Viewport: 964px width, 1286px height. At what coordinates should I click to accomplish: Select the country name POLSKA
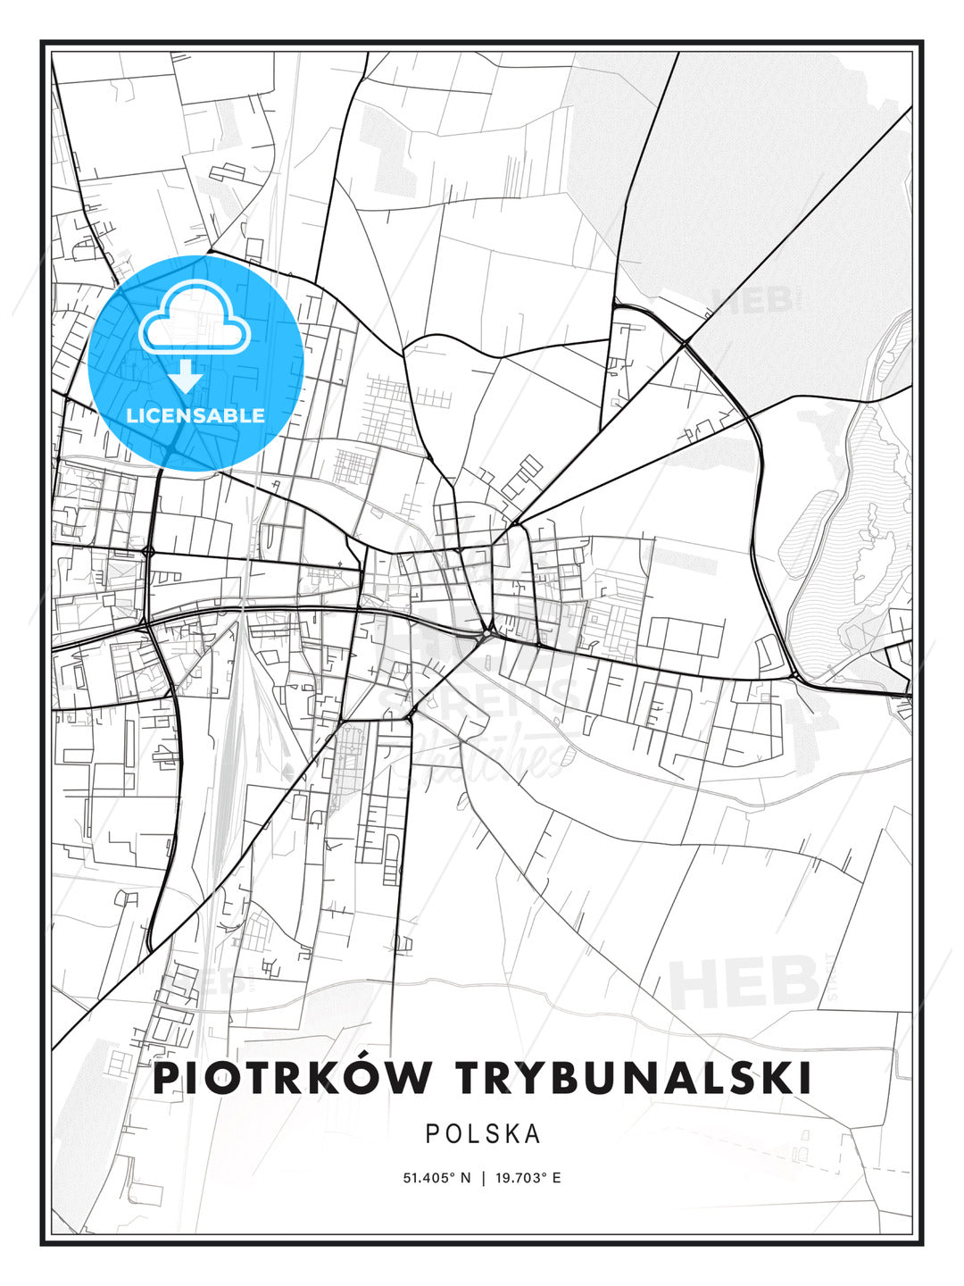pyautogui.click(x=483, y=1133)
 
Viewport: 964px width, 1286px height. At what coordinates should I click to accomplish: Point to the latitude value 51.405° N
pyautogui.click(x=436, y=1178)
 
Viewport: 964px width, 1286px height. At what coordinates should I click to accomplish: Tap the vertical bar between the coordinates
pyautogui.click(x=483, y=1178)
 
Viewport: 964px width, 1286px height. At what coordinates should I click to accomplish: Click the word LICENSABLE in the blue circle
pyautogui.click(x=195, y=415)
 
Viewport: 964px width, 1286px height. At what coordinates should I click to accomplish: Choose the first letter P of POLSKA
pyautogui.click(x=432, y=1133)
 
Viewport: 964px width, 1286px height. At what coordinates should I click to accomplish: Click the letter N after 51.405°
pyautogui.click(x=465, y=1178)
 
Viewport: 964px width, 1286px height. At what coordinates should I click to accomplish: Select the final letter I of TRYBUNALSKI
pyautogui.click(x=805, y=1078)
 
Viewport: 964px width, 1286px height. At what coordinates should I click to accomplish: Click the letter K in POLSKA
pyautogui.click(x=511, y=1133)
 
